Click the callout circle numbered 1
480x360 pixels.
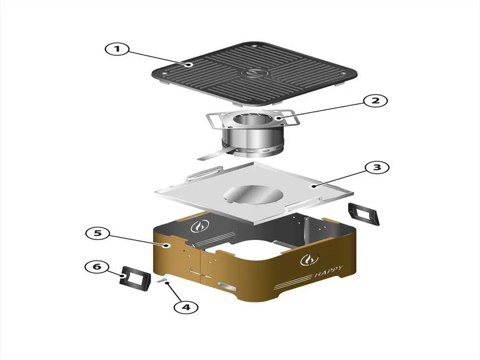pos(117,49)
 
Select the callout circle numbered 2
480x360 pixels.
pos(376,101)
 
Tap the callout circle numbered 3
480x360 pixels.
pos(377,167)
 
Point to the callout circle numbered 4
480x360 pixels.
pos(186,307)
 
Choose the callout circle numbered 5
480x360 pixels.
pos(97,233)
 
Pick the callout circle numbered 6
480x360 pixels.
pos(97,266)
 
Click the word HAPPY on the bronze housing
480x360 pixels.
pos(329,272)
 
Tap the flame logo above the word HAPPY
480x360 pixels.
pos(309,260)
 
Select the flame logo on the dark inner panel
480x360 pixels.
pos(200,226)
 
